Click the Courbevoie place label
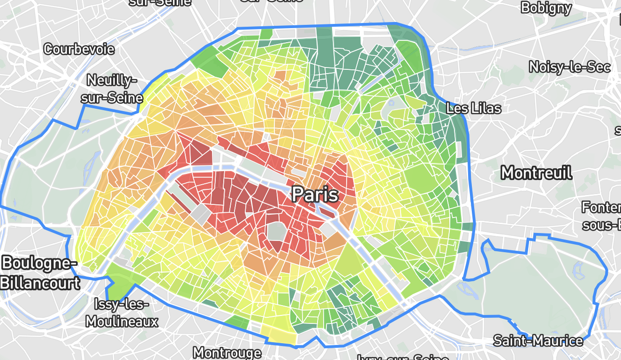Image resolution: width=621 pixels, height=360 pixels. point(78,49)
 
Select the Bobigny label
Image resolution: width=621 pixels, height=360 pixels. point(546,7)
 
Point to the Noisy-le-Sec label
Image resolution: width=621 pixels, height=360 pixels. point(569,67)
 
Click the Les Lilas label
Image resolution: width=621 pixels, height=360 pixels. point(473,109)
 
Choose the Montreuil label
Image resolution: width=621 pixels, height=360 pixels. point(536,173)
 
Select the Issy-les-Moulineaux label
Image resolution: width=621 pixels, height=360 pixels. point(122,313)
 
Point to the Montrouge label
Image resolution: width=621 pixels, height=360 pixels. point(227,352)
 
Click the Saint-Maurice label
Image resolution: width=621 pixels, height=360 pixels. point(538,340)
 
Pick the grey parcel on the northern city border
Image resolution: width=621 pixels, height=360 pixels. point(307,33)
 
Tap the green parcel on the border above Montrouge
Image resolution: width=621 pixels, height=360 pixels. point(237,322)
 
